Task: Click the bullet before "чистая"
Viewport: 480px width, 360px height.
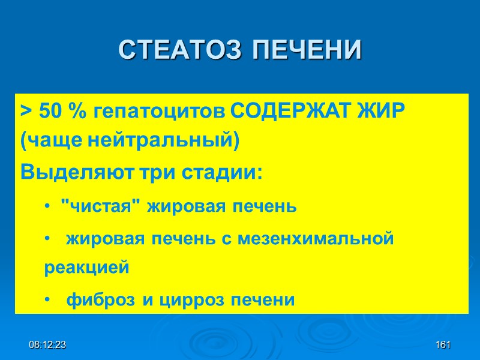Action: click(47, 207)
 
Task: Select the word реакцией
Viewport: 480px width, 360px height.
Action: click(86, 268)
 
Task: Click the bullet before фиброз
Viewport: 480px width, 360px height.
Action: click(47, 299)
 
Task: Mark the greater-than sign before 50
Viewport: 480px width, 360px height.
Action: click(26, 112)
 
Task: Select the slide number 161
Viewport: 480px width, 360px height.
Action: click(443, 346)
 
